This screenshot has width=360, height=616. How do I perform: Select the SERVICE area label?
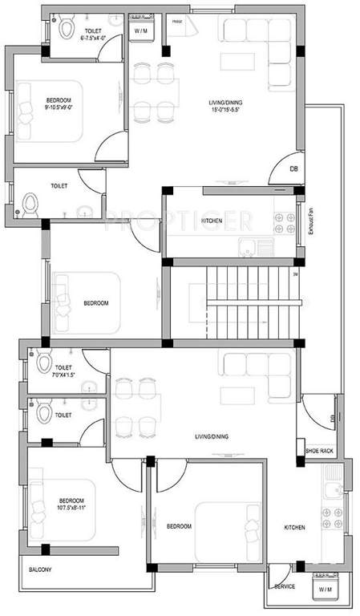(284, 587)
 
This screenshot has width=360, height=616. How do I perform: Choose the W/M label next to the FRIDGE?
(142, 30)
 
